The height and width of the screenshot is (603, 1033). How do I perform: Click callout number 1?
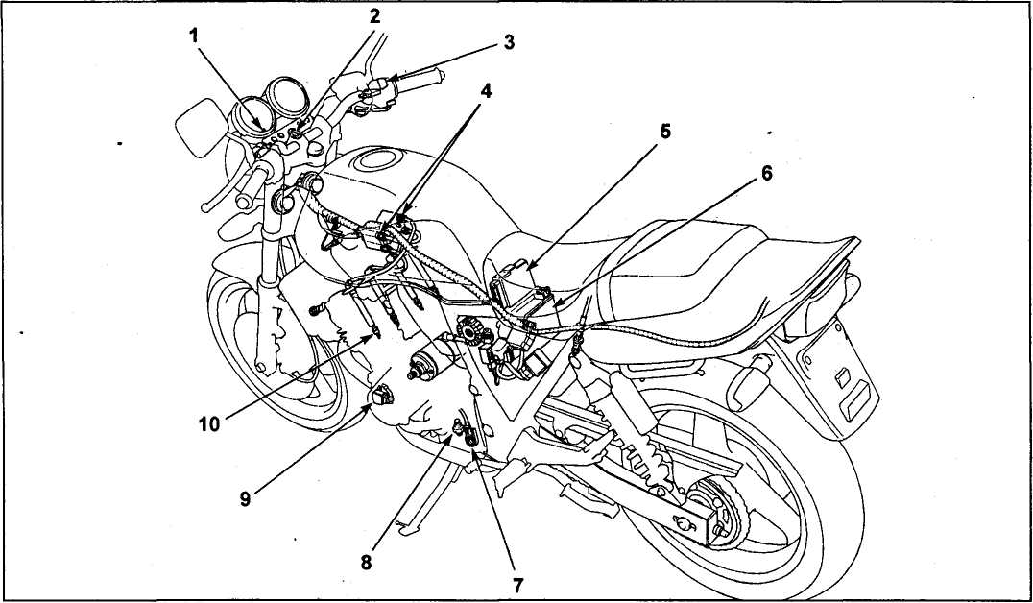(x=194, y=36)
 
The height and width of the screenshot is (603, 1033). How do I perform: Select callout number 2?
(x=374, y=16)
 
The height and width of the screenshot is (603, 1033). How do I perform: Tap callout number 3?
(x=509, y=42)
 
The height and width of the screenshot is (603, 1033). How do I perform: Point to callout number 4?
(x=486, y=91)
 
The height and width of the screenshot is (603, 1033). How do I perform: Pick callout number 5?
(x=665, y=132)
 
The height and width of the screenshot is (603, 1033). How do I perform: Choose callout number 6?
(x=766, y=173)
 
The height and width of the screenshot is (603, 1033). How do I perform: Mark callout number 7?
(x=517, y=584)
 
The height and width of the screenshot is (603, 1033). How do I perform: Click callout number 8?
(x=366, y=562)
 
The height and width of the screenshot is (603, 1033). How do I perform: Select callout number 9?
(x=245, y=499)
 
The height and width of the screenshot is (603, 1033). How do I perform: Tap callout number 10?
(x=209, y=423)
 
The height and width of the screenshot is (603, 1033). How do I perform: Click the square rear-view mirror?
(x=201, y=127)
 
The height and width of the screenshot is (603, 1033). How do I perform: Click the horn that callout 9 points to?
(x=381, y=395)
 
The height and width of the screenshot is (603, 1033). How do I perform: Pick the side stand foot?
(x=406, y=526)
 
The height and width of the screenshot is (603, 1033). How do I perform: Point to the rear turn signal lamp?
(x=749, y=386)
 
